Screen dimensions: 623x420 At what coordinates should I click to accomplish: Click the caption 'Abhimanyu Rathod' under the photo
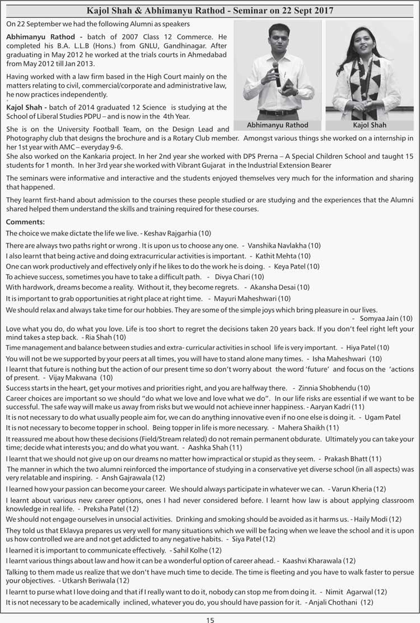[x=277, y=125]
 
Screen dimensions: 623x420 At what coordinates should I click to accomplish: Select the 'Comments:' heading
[x=25, y=222]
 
